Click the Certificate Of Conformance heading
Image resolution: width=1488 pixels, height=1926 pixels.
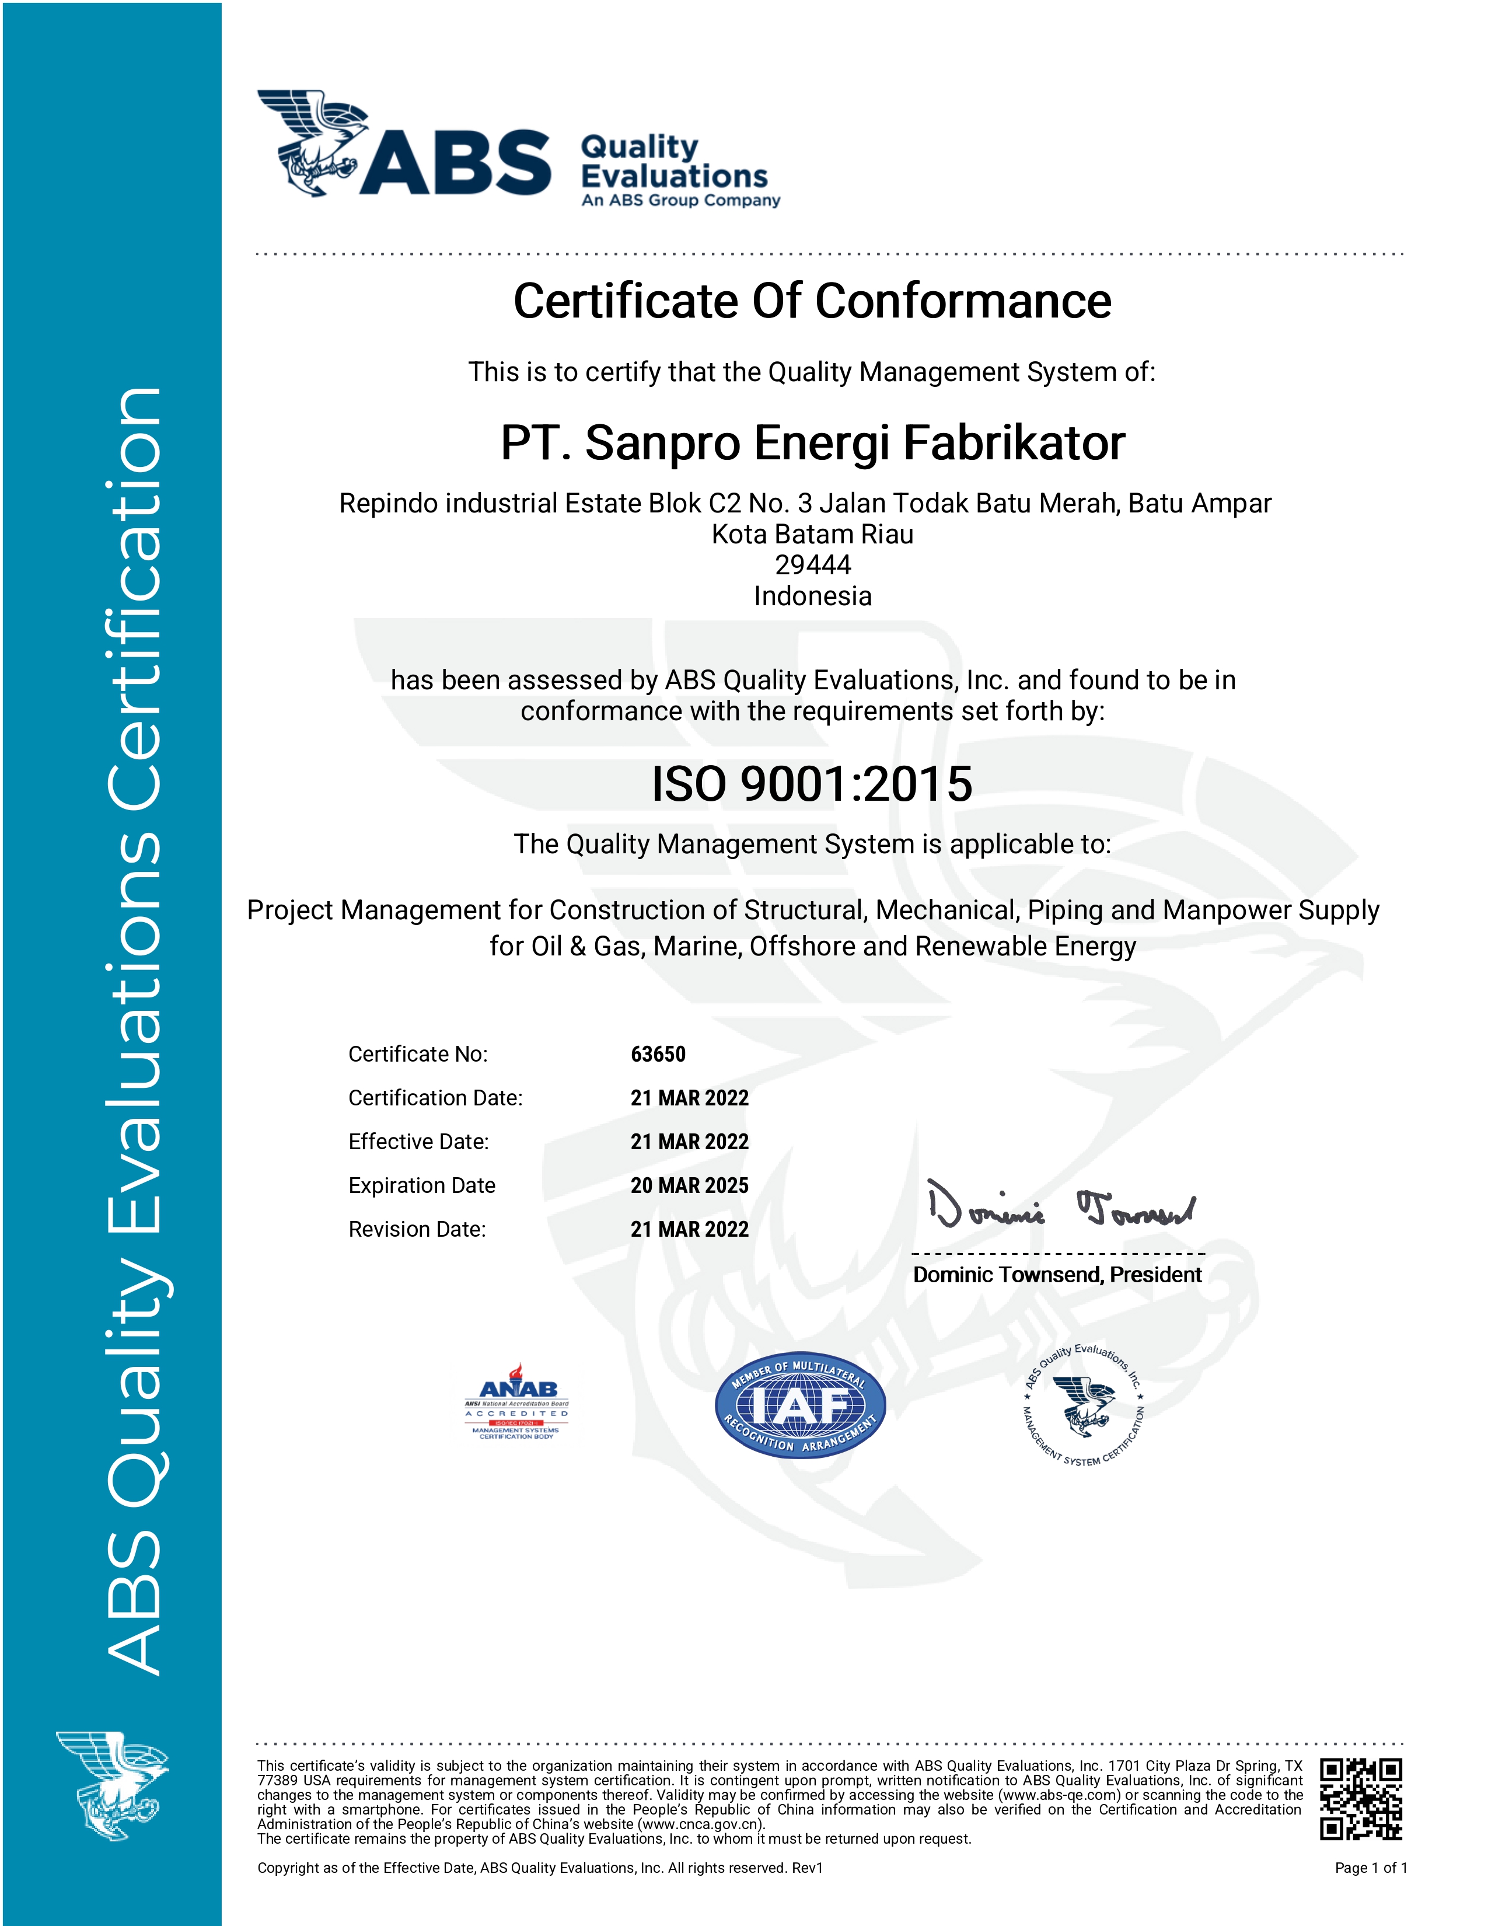click(812, 302)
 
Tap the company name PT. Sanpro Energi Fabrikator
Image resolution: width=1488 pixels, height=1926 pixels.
click(812, 443)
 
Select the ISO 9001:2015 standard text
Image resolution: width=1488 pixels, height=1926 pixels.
click(812, 784)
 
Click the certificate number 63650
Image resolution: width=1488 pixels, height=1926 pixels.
click(658, 1054)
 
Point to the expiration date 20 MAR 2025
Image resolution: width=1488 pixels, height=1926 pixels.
click(689, 1185)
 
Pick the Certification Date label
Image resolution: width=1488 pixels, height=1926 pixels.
click(435, 1098)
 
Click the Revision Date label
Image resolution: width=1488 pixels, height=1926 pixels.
click(417, 1229)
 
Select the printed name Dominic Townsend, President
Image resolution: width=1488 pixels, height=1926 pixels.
click(1057, 1275)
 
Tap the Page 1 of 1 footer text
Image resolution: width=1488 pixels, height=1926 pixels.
click(1371, 1868)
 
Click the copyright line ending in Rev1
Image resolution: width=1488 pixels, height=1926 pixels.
click(540, 1868)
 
